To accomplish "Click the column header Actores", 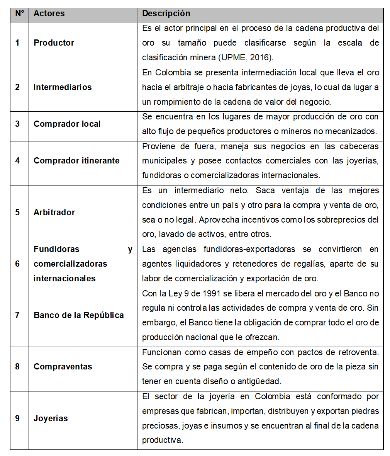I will click(x=49, y=14).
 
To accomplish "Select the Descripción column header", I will click(x=166, y=14).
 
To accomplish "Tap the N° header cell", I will click(x=19, y=14).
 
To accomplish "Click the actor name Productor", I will click(x=54, y=43).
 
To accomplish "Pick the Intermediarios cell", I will click(x=63, y=87).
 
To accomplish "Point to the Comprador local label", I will click(x=67, y=124).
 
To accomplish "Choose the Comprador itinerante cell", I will click(x=76, y=161).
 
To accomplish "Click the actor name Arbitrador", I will click(x=54, y=213).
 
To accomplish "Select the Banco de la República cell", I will click(x=79, y=315).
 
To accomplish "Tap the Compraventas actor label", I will click(x=63, y=367).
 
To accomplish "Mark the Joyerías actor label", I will click(x=51, y=419).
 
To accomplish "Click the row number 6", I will click(x=17, y=264).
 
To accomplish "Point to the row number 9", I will click(x=17, y=419).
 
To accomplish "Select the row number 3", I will click(x=17, y=124).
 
